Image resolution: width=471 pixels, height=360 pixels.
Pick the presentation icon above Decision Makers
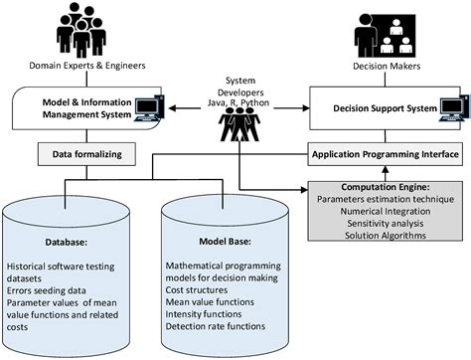coord(383,32)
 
